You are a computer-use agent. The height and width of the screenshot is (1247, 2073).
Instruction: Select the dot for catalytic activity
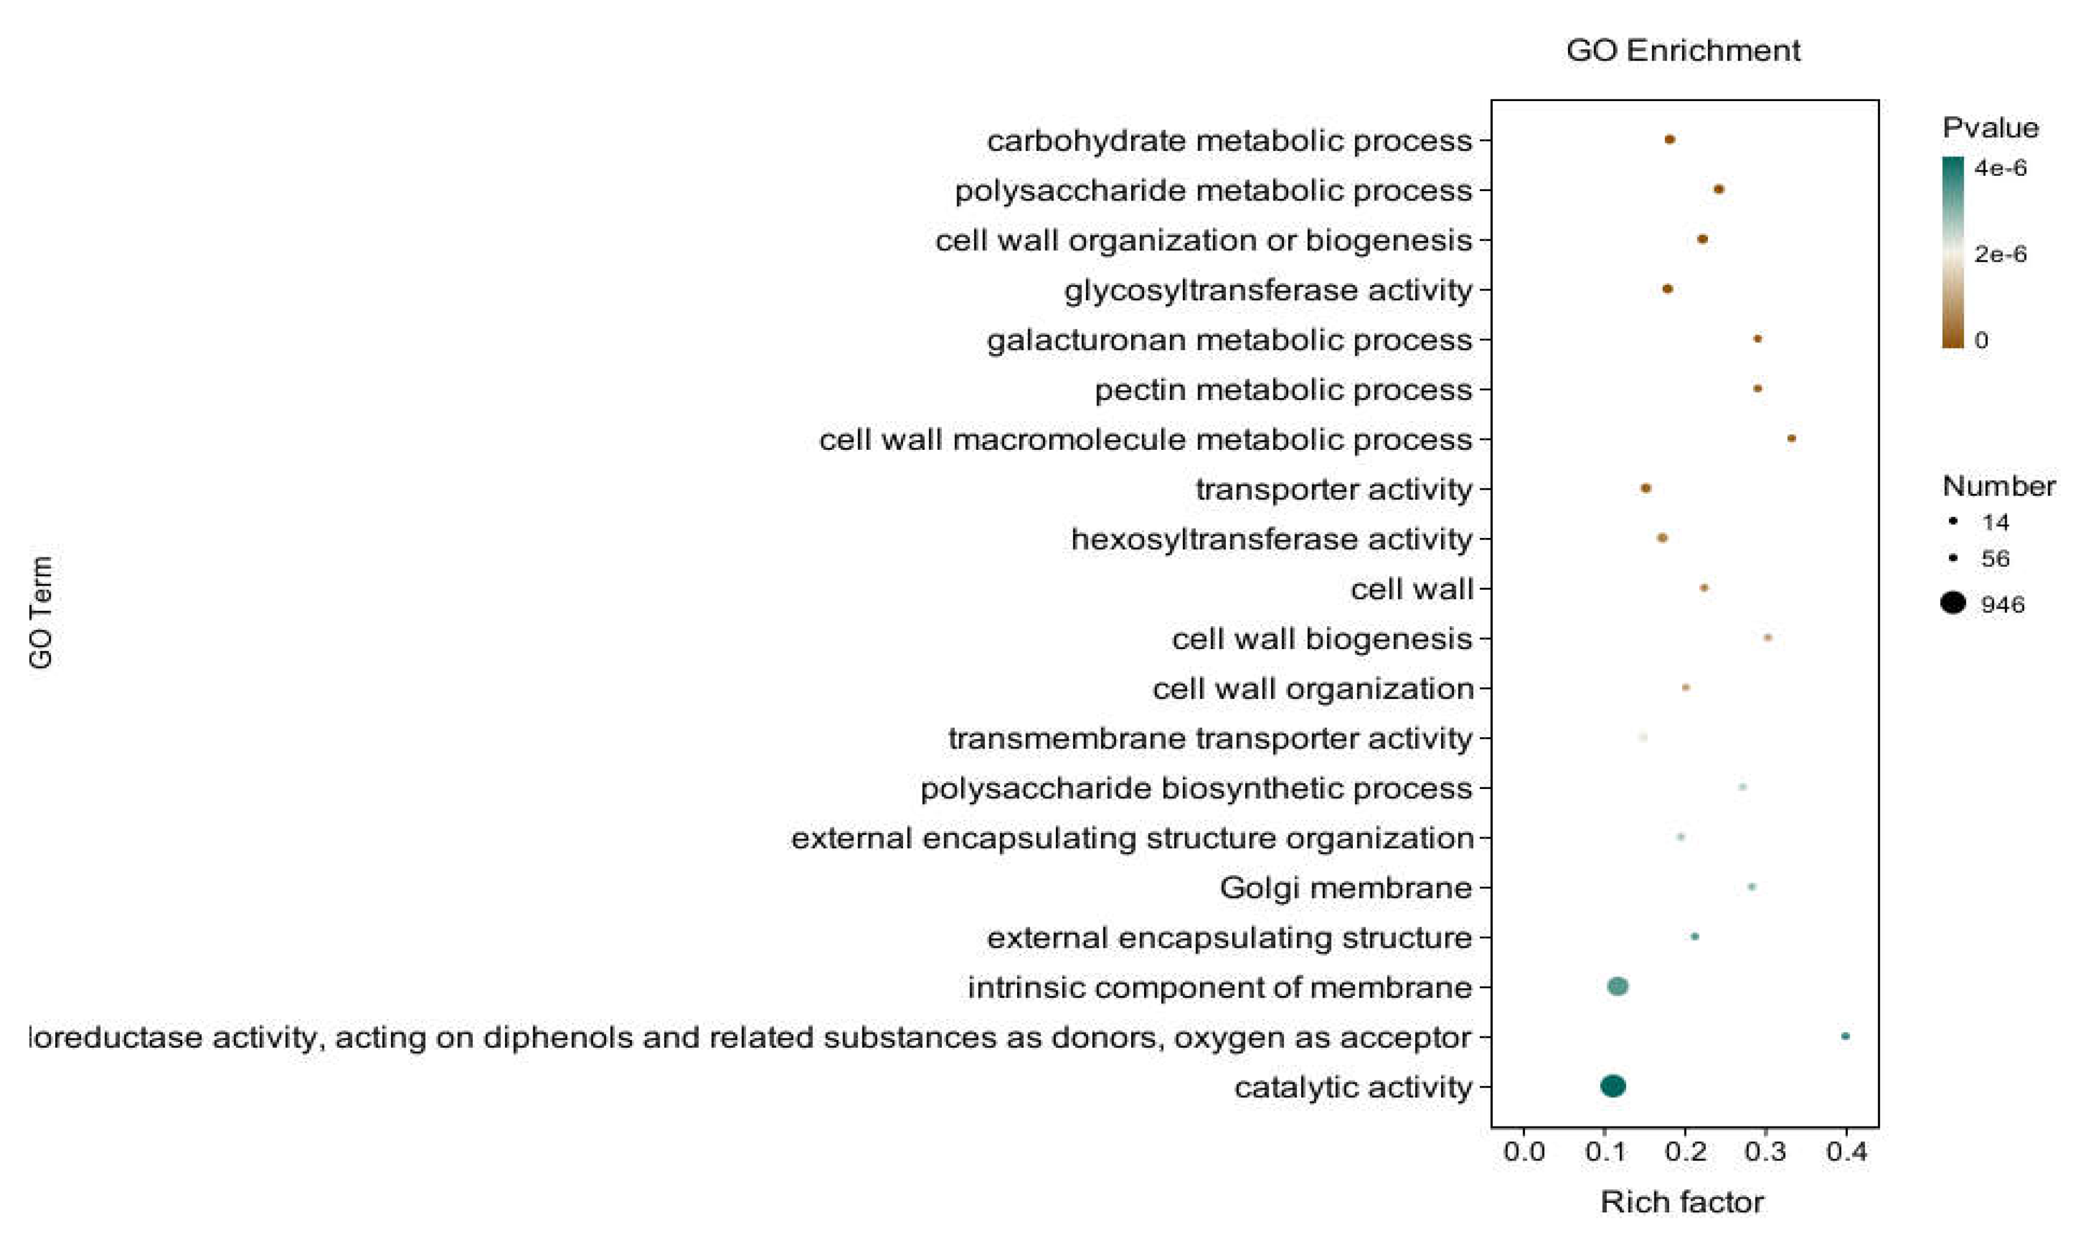click(x=1613, y=1086)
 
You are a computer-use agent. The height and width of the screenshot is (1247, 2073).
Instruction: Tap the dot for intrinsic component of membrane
click(x=1617, y=986)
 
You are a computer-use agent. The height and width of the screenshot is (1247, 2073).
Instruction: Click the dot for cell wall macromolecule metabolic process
click(x=1791, y=439)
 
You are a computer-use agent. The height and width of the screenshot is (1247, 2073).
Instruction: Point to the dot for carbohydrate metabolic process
click(x=1670, y=139)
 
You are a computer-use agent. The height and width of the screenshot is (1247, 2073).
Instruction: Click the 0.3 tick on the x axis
click(x=1766, y=1151)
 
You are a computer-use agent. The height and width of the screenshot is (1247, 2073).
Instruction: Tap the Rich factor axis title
click(x=1681, y=1202)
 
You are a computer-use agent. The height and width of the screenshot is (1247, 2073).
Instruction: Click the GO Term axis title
click(x=41, y=611)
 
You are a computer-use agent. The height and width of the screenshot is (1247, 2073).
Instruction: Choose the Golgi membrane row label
click(x=1345, y=887)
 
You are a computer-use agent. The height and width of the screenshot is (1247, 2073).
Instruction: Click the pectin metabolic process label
click(x=1283, y=390)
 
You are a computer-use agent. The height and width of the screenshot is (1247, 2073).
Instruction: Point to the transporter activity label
click(x=1333, y=489)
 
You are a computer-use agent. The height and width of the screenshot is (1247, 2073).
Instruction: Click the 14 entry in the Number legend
click(x=1995, y=522)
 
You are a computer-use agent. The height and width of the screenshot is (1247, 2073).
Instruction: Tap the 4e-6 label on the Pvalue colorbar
click(x=2001, y=168)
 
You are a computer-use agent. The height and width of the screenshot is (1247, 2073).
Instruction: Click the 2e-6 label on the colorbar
click(x=2001, y=254)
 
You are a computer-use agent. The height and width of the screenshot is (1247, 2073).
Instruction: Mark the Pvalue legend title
click(x=1990, y=128)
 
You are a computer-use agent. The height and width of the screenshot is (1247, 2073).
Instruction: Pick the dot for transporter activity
click(x=1646, y=488)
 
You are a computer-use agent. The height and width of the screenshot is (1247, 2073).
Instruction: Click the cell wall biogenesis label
click(x=1322, y=638)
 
